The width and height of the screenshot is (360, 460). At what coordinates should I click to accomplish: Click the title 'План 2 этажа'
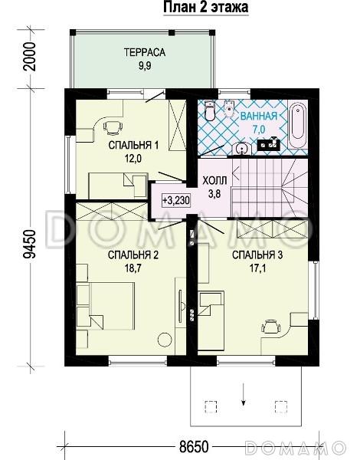(x=205, y=7)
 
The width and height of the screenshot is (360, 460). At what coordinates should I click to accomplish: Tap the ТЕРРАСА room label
(x=145, y=52)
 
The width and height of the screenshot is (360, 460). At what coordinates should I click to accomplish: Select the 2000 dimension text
(x=30, y=57)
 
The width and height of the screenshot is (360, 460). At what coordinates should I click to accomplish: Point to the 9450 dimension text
(x=30, y=244)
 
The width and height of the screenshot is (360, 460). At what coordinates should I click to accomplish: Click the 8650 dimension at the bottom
(x=194, y=447)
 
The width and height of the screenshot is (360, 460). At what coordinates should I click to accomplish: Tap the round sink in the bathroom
(x=242, y=149)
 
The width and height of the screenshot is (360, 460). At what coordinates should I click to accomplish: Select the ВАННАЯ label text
(x=259, y=116)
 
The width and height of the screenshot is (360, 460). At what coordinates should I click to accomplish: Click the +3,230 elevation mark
(x=176, y=201)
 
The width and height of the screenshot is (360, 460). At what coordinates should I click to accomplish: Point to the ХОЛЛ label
(x=215, y=181)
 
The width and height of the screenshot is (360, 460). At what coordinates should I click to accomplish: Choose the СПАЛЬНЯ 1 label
(x=133, y=145)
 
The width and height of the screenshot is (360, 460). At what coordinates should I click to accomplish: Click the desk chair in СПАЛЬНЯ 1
(x=113, y=128)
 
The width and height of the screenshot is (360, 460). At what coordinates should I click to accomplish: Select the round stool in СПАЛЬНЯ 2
(x=165, y=340)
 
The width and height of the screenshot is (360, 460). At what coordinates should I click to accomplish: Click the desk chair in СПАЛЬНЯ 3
(x=270, y=327)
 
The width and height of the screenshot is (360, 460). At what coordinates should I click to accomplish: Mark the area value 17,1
(x=257, y=268)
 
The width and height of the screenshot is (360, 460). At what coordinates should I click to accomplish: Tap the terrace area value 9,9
(x=145, y=66)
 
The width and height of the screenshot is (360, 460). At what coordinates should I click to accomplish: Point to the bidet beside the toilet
(x=229, y=109)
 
